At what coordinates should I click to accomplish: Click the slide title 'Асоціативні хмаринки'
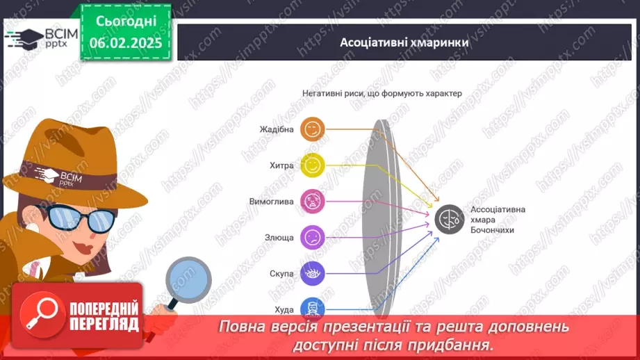404,42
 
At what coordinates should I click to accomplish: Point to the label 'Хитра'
282,165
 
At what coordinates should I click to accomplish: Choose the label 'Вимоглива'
272,202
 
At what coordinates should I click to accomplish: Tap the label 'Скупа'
282,274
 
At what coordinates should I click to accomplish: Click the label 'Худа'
284,310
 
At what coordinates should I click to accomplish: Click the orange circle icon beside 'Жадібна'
313,129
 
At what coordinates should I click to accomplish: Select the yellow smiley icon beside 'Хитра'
313,165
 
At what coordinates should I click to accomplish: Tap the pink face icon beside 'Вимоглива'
313,202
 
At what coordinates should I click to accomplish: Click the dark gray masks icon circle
449,220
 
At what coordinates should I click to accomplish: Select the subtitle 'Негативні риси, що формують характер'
381,92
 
